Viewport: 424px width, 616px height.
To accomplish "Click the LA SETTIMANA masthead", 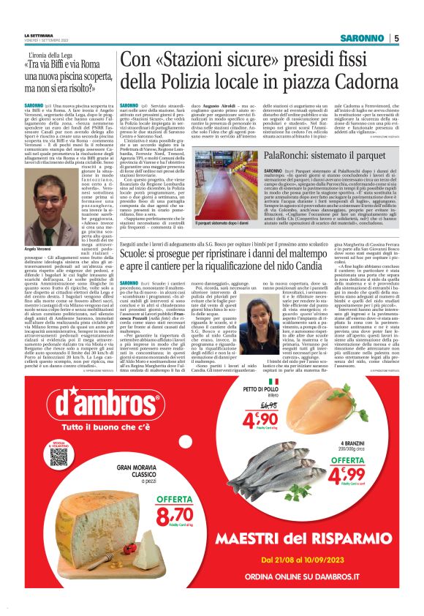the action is point(39,35).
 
